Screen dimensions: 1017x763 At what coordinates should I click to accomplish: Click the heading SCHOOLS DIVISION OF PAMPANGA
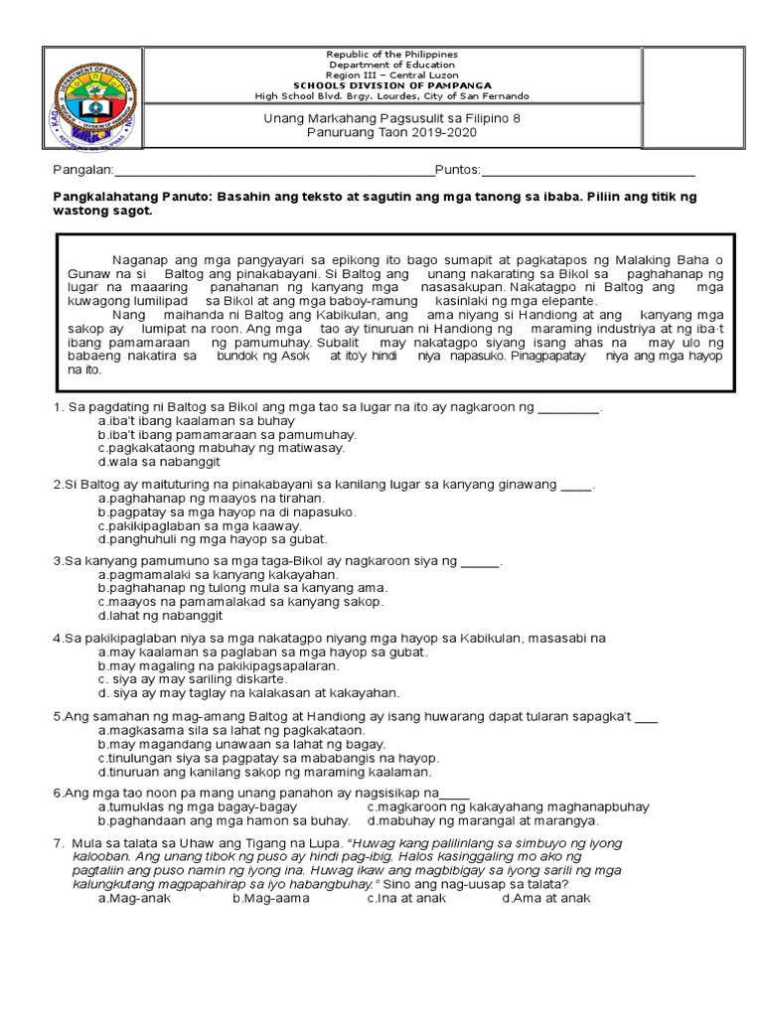pos(427,85)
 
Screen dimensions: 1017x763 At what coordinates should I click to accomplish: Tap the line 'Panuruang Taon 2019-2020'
pos(427,133)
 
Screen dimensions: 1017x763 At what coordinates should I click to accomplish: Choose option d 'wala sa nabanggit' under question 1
pos(159,462)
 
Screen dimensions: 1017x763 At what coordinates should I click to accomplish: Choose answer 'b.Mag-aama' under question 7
pos(271,898)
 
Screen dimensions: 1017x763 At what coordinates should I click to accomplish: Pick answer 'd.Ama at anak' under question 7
pos(546,898)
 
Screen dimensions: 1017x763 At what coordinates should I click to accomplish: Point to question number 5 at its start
pos(59,716)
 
